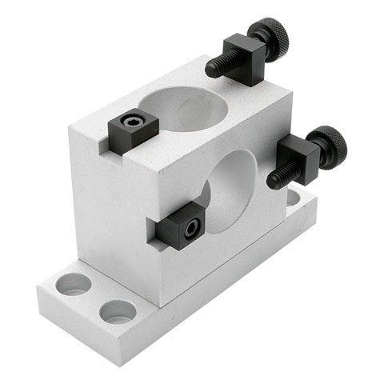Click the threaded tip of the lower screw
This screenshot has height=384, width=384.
tap(276, 179)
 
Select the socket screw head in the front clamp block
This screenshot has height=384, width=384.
tap(190, 228)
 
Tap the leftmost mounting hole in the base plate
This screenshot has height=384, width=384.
tap(74, 283)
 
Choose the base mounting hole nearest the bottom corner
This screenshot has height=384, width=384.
tap(118, 312)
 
